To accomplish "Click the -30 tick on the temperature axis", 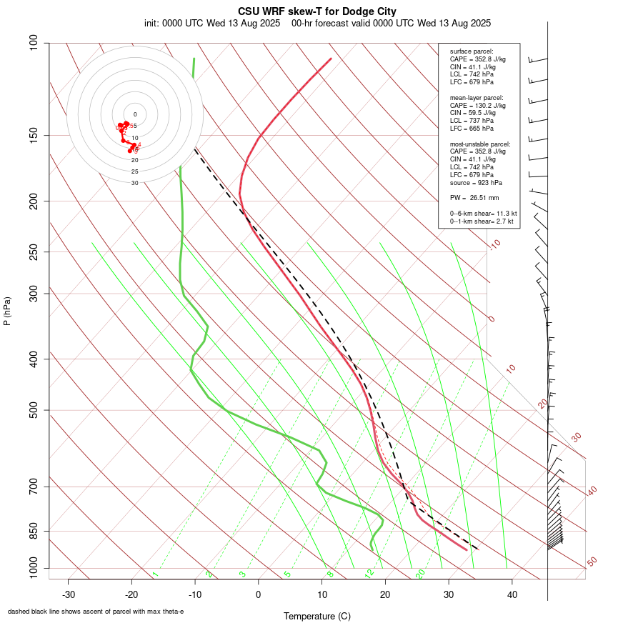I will [69, 594].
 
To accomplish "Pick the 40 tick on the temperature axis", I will [512, 594].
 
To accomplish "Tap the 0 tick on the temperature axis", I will [259, 594].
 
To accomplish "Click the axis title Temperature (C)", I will [317, 616].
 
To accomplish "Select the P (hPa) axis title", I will [7, 311].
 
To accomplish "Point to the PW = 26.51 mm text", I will [474, 197].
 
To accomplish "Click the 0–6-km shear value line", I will [483, 213].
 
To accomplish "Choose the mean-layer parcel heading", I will [477, 97].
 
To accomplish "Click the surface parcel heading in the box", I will [472, 51].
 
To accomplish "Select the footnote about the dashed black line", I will [96, 612].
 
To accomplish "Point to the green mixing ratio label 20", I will [420, 574].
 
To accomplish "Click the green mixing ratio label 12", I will [369, 574].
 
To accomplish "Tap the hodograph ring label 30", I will [135, 183].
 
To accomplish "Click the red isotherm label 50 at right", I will [592, 562].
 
